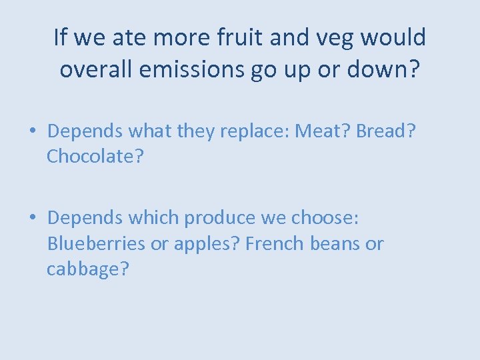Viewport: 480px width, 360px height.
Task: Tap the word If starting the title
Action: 61,38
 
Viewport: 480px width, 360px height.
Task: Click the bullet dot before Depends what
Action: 32,131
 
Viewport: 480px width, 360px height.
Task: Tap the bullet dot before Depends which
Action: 32,218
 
